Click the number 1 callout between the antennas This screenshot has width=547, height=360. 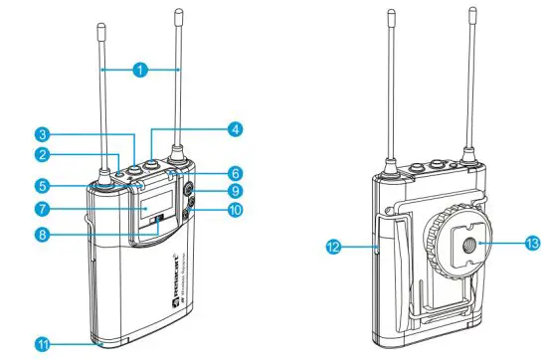[141, 70]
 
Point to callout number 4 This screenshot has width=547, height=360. [235, 128]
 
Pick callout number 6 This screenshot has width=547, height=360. [236, 171]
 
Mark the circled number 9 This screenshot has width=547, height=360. [236, 190]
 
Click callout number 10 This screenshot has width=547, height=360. [236, 210]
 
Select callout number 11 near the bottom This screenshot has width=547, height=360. [43, 343]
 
